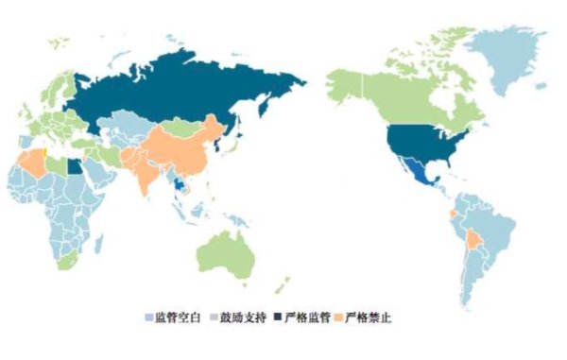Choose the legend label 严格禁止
click(369, 317)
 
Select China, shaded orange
click(184, 151)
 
